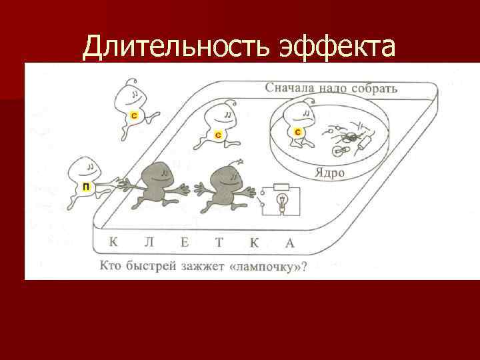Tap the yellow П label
pos(85,187)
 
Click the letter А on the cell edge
pos(289,243)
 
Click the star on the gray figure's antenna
pos(239,161)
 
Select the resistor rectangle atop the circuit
pos(281,187)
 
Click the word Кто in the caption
pos(111,267)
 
